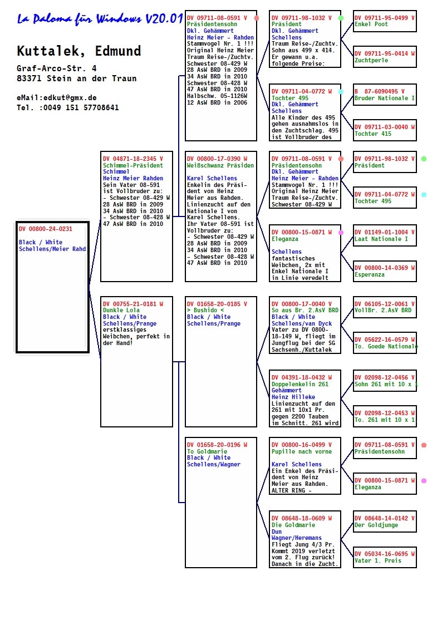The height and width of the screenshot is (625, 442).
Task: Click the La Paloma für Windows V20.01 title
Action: coord(100,18)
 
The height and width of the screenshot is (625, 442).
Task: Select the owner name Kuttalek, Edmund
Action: coord(79,51)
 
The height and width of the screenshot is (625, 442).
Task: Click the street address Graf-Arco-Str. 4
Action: coord(57,68)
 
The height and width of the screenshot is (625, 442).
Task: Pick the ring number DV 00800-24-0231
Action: coord(46,229)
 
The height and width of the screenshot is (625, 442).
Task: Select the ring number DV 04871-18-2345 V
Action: coord(132,159)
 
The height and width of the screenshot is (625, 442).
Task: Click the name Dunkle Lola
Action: coord(121,310)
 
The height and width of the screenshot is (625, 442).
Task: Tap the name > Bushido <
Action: coord(205,310)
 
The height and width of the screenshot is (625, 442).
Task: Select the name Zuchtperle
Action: coord(371,60)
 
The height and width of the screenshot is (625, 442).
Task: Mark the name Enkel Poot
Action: coord(371,24)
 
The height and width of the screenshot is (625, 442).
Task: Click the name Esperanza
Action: coord(370,274)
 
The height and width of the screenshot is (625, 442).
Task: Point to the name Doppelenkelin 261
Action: coord(300,384)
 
